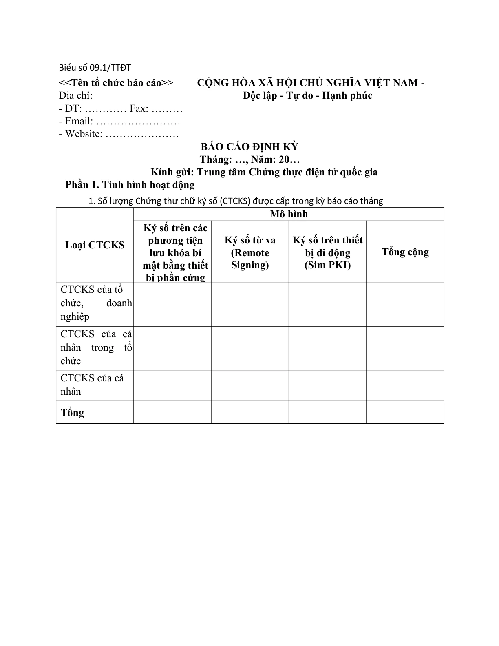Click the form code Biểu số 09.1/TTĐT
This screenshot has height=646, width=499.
[95, 68]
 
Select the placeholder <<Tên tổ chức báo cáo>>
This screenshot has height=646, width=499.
[116, 82]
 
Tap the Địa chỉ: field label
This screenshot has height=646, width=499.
[76, 95]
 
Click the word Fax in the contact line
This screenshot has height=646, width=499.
[139, 108]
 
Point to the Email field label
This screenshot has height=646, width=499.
[79, 121]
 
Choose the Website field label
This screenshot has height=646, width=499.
[84, 134]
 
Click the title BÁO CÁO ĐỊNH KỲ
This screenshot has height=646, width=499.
[249, 147]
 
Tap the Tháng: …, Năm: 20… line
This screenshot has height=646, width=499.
[249, 159]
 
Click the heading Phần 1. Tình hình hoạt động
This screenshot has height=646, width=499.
[130, 185]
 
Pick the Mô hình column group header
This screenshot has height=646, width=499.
[289, 214]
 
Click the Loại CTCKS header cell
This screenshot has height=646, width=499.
[95, 245]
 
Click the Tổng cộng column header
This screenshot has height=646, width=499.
[405, 252]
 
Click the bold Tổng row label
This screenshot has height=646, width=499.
[73, 412]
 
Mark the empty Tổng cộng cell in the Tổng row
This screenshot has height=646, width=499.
[405, 412]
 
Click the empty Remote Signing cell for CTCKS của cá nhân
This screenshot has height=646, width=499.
[250, 385]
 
